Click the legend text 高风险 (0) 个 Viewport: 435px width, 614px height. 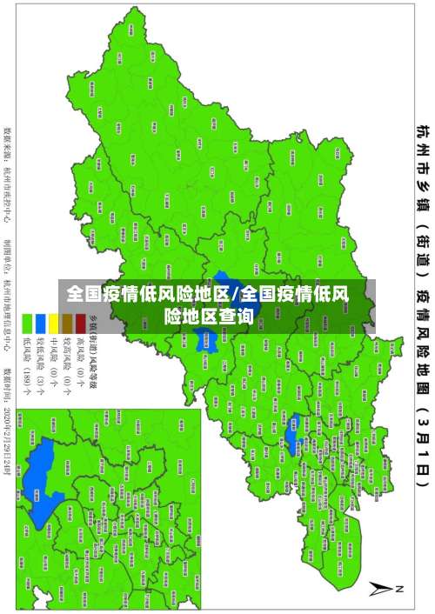click(80, 357)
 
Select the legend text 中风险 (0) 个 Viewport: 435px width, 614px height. click(53, 357)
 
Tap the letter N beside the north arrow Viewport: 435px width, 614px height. click(401, 589)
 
